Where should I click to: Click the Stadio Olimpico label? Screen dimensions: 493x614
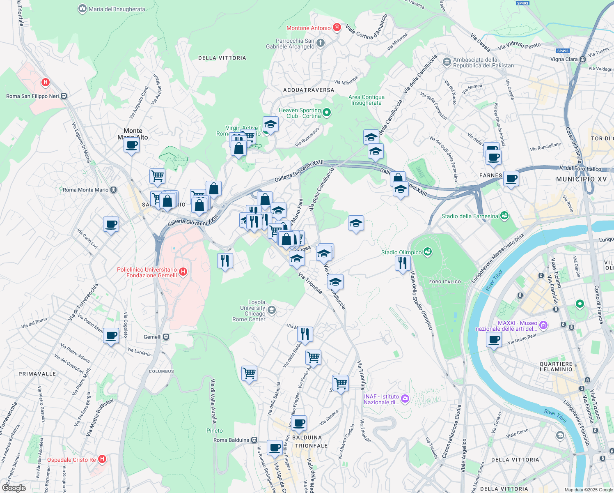[401, 252]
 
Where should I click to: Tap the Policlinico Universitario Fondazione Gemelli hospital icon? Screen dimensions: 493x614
[183, 272]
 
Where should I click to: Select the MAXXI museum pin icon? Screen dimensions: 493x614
[543, 325]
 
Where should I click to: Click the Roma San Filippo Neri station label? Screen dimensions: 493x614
[32, 96]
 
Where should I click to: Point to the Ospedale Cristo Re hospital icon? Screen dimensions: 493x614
[102, 459]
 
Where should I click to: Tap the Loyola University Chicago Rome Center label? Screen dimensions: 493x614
[249, 311]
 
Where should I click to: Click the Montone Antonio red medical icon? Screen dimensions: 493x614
[337, 28]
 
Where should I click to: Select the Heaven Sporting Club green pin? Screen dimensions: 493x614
[327, 112]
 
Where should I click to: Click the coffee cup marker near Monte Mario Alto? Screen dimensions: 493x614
[132, 145]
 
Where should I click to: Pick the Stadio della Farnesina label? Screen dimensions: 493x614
[470, 216]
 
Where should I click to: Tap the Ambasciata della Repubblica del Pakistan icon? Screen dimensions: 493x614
[447, 62]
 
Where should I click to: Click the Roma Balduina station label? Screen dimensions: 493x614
[231, 440]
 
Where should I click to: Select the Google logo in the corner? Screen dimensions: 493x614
[14, 488]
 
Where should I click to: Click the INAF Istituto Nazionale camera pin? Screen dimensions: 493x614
[405, 399]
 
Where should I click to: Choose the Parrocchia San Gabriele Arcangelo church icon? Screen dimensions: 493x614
[321, 43]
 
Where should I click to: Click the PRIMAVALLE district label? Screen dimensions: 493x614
[37, 374]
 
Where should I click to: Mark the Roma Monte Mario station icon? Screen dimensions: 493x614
[114, 190]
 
